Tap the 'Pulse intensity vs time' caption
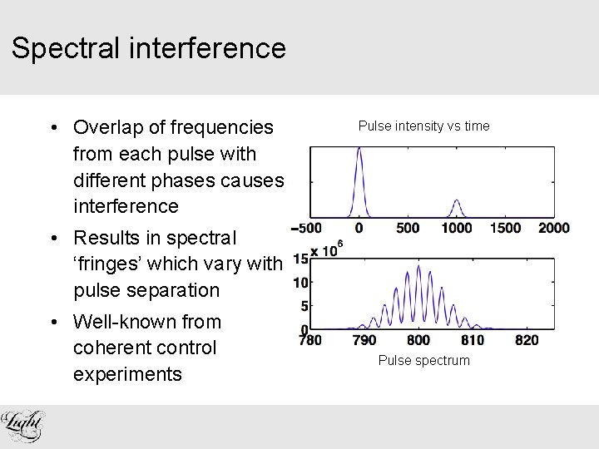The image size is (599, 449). pos(423,126)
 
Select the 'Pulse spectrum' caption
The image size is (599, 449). pos(423,360)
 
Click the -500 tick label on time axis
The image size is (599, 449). pos(306,228)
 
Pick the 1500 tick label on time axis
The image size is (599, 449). pos(505,228)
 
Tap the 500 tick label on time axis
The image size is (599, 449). pos(408,228)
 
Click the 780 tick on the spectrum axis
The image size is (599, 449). pos(309,339)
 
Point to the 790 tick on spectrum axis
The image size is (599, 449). pos(364,339)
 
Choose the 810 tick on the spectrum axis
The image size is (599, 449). pos(473,339)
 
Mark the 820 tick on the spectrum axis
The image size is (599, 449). pos(526,339)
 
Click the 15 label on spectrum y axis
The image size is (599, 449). pos(300,259)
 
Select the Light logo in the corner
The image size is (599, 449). pos(23,426)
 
